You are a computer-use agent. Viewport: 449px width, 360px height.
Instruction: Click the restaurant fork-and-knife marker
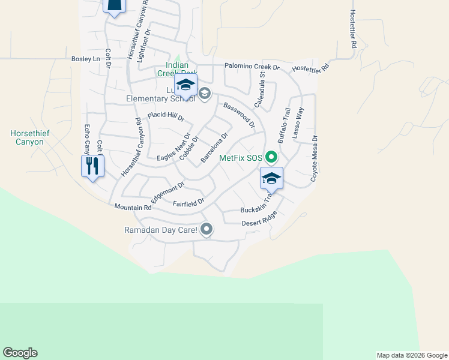92,165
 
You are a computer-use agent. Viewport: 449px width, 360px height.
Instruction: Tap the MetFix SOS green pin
271,158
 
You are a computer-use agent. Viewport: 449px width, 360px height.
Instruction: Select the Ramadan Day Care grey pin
207,229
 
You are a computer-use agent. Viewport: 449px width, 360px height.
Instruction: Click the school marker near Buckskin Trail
271,178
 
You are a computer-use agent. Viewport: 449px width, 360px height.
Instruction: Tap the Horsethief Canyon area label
27,137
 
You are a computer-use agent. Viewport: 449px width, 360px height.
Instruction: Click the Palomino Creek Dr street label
252,67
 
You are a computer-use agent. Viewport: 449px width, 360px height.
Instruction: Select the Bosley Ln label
85,59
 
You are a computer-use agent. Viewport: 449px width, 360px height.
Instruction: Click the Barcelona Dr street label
214,148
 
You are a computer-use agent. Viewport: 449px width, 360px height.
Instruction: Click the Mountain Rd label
133,207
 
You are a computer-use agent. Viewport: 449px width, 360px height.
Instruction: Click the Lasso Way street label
298,124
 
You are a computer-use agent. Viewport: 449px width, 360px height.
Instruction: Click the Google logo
20,353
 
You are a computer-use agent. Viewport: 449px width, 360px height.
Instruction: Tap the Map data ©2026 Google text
412,355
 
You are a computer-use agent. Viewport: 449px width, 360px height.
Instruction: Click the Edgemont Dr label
168,193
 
